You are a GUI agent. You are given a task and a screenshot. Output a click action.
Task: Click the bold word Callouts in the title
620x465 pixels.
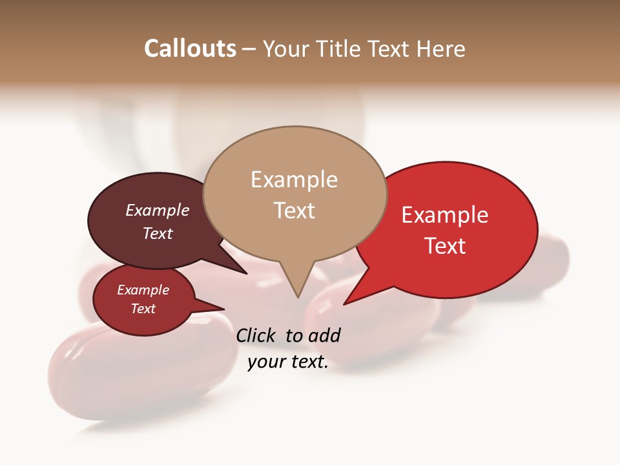coord(190,49)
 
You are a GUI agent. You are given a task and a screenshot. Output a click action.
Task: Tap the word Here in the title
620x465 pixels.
coord(441,49)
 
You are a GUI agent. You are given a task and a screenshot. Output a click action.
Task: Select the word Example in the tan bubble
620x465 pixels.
coord(294,180)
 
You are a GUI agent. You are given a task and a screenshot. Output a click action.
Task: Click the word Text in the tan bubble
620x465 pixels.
coord(294,211)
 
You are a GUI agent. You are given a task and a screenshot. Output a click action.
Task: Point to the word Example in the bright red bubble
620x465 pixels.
coord(445,215)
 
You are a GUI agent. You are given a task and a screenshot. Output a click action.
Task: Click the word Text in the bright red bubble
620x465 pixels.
coord(445,246)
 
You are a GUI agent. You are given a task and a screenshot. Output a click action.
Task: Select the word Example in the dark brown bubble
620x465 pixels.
coord(158,211)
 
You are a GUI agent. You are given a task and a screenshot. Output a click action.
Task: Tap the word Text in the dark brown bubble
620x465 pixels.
coord(158,234)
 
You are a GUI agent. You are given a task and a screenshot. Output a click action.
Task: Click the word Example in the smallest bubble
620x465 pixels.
coord(143,290)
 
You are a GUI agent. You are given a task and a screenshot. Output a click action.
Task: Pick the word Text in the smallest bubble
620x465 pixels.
coord(143,309)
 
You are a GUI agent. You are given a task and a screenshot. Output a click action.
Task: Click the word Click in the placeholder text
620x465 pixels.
coord(257,335)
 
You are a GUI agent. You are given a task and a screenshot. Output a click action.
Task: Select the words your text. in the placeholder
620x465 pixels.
coord(288,362)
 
